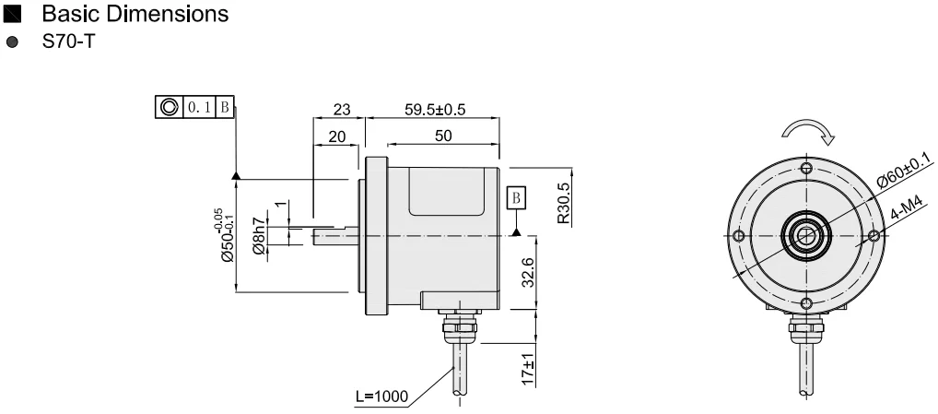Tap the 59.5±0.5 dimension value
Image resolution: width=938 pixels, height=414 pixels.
click(435, 110)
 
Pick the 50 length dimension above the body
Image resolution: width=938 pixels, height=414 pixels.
click(442, 136)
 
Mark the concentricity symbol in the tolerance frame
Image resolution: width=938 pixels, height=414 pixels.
click(170, 107)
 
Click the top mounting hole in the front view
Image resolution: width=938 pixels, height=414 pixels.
click(806, 168)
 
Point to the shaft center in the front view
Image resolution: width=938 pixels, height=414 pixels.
click(806, 236)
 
